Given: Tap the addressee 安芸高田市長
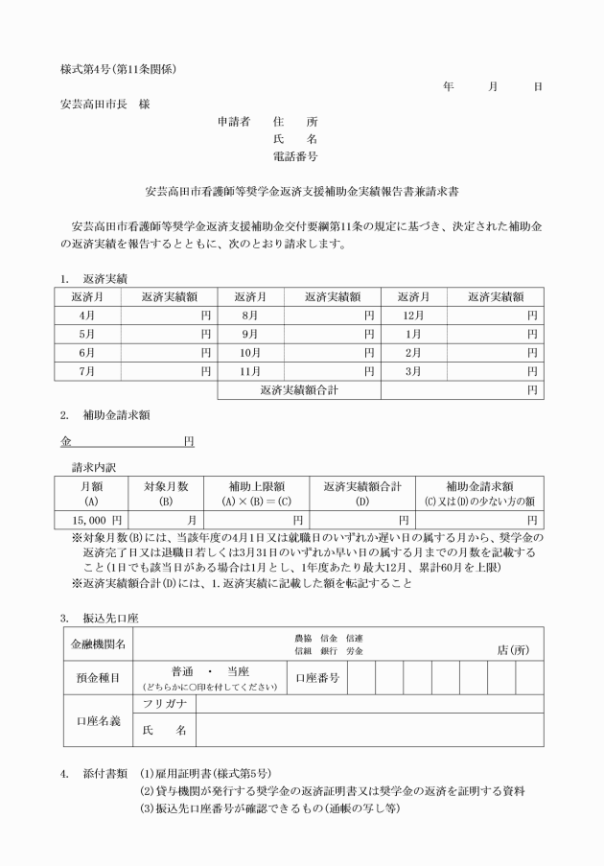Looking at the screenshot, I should tap(92, 104).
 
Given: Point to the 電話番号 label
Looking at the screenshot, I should tap(295, 155).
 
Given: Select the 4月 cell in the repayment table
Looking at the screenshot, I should tap(87, 316).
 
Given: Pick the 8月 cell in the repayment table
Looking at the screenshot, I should tap(251, 316).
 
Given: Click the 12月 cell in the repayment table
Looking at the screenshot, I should tap(414, 316).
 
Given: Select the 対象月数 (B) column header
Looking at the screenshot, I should tap(166, 493).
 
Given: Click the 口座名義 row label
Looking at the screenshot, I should tap(97, 719).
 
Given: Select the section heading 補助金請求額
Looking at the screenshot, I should tap(116, 415).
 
